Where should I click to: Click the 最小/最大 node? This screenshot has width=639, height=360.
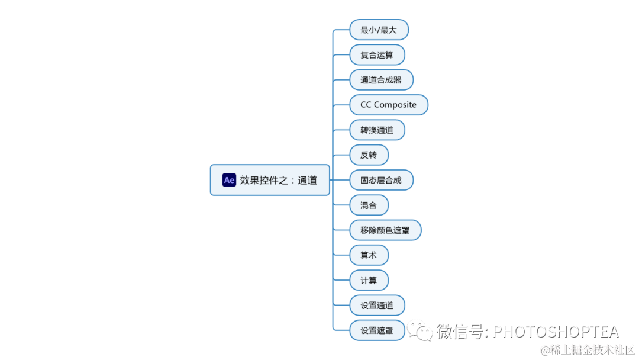pyautogui.click(x=379, y=30)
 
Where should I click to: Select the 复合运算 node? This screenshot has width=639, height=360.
pyautogui.click(x=377, y=54)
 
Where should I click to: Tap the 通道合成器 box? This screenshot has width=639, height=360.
pyautogui.click(x=381, y=80)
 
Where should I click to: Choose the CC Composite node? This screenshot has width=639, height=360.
pyautogui.click(x=388, y=105)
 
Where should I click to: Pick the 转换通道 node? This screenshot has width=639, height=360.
pyautogui.click(x=377, y=130)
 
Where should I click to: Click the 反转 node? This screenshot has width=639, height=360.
pyautogui.click(x=369, y=155)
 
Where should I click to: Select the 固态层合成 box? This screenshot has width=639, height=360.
pyautogui.click(x=381, y=180)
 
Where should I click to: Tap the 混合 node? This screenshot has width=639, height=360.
pyautogui.click(x=369, y=205)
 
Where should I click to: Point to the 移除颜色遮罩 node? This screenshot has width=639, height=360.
pyautogui.click(x=385, y=230)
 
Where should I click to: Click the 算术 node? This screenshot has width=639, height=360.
pyautogui.click(x=369, y=255)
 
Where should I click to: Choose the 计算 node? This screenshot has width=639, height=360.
pyautogui.click(x=369, y=280)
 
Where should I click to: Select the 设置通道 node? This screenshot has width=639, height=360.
pyautogui.click(x=377, y=306)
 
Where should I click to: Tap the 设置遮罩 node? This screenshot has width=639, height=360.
pyautogui.click(x=377, y=330)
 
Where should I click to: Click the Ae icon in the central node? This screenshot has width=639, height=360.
pyautogui.click(x=229, y=180)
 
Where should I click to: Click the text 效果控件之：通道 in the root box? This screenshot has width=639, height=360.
pyautogui.click(x=279, y=181)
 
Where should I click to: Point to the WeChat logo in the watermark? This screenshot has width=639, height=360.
pyautogui.click(x=423, y=332)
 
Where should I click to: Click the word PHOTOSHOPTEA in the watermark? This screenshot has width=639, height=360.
pyautogui.click(x=556, y=332)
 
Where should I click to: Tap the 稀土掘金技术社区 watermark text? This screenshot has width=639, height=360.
pyautogui.click(x=592, y=350)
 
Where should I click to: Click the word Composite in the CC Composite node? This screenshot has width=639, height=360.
pyautogui.click(x=395, y=105)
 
